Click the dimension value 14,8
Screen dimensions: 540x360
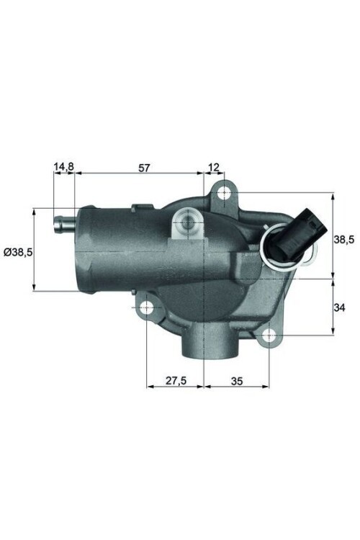[63, 167]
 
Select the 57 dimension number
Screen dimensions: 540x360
[143, 167]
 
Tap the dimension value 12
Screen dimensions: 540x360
[214, 167]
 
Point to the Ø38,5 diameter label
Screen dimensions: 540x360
[17, 251]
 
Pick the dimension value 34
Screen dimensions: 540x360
[341, 307]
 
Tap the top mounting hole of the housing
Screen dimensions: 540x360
[224, 193]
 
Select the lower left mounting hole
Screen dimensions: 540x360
[147, 310]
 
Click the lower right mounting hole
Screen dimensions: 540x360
[269, 336]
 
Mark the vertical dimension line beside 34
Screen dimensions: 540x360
[332, 307]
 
